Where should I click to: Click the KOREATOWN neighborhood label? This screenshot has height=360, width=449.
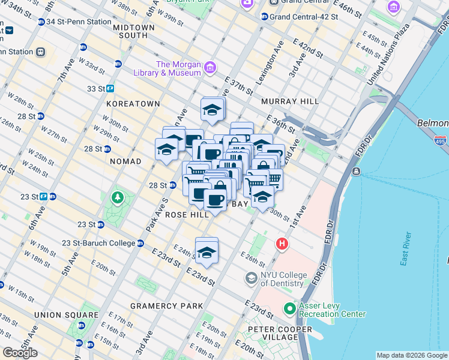click(133, 104)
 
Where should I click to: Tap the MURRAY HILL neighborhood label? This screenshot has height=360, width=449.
click(290, 101)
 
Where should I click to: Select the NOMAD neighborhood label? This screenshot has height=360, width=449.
click(125, 161)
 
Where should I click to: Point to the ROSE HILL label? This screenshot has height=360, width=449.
click(187, 214)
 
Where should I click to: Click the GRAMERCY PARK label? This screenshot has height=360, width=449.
click(167, 306)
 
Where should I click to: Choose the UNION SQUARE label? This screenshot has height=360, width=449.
click(66, 315)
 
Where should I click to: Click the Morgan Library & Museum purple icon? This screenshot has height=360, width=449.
click(210, 67)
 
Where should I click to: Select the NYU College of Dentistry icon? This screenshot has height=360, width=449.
click(251, 278)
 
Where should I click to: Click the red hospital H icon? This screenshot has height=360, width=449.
click(282, 244)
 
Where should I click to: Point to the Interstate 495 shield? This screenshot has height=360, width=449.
click(440, 140)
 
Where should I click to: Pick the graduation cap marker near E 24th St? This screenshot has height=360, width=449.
click(206, 252)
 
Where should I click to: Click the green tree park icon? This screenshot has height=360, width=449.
click(118, 197)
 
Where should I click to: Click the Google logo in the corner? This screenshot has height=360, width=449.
click(20, 353)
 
